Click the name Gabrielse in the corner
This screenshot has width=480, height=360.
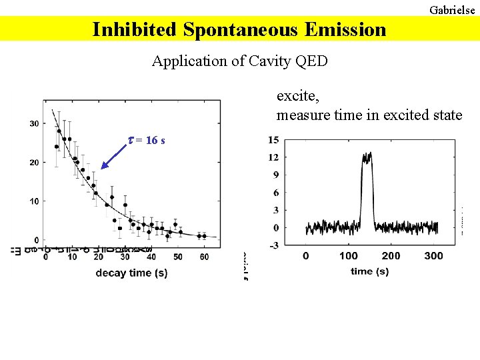pyautogui.click(x=452, y=10)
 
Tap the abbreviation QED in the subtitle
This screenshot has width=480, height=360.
pyautogui.click(x=311, y=61)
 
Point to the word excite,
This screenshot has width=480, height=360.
pyautogui.click(x=298, y=96)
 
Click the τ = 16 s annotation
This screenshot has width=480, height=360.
pyautogui.click(x=147, y=140)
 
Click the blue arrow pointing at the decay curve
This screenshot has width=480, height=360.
pyautogui.click(x=115, y=156)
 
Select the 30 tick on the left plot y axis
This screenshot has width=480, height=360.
pyautogui.click(x=33, y=123)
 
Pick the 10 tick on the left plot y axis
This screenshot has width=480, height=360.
pyautogui.click(x=33, y=201)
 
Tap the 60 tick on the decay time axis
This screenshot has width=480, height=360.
pyautogui.click(x=204, y=256)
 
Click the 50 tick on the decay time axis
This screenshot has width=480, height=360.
pyautogui.click(x=177, y=256)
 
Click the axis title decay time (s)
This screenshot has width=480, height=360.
pyautogui.click(x=131, y=273)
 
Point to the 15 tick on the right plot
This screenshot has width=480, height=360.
pyautogui.click(x=273, y=140)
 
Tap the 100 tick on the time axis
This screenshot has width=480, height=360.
pyautogui.click(x=348, y=256)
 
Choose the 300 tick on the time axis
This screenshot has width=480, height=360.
pyautogui.click(x=433, y=256)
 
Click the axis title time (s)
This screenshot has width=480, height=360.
pyautogui.click(x=370, y=271)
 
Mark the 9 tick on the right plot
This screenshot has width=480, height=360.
pyautogui.click(x=275, y=175)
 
